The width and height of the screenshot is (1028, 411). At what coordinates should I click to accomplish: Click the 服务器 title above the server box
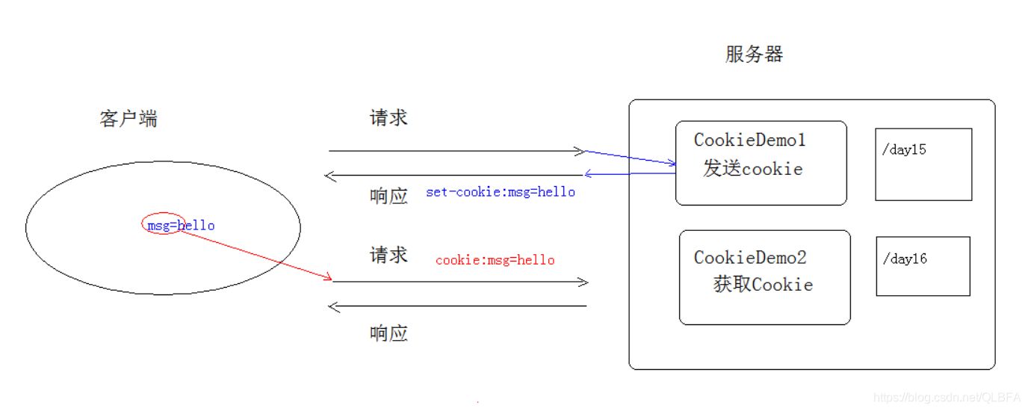pos(754,55)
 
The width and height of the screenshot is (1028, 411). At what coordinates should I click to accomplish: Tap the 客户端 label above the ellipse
pos(128,120)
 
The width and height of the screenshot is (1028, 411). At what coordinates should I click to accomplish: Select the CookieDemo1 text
pos(749,140)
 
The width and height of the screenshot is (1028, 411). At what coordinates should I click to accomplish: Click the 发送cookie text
pos(752,169)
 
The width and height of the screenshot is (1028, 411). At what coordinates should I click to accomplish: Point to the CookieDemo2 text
pos(750,258)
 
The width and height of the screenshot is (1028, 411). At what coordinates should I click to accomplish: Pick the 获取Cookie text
pos(763,285)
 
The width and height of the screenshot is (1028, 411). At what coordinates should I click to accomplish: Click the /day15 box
pos(923,164)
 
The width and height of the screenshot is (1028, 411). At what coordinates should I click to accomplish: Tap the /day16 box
pos(923,266)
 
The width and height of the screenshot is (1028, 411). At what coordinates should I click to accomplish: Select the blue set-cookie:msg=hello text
pos(501,192)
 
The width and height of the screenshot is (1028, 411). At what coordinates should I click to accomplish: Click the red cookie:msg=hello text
pos(495,260)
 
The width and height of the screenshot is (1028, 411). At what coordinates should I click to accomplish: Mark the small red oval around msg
pos(163,223)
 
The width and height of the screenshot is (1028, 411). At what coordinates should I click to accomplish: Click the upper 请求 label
pos(388,118)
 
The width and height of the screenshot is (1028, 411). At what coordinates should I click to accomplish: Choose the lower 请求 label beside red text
pos(388,256)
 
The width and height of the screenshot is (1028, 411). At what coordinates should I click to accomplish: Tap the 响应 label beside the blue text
pos(388,196)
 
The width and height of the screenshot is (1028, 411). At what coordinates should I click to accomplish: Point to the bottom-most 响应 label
pos(388,333)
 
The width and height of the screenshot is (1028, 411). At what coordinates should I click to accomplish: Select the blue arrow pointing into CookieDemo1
pos(631,157)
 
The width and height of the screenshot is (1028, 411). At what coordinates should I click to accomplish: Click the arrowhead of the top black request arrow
pos(579,151)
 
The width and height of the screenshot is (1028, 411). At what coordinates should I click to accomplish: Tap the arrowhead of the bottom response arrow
pos(335,306)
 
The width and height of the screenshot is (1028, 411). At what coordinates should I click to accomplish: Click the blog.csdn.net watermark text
pos(947,398)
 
